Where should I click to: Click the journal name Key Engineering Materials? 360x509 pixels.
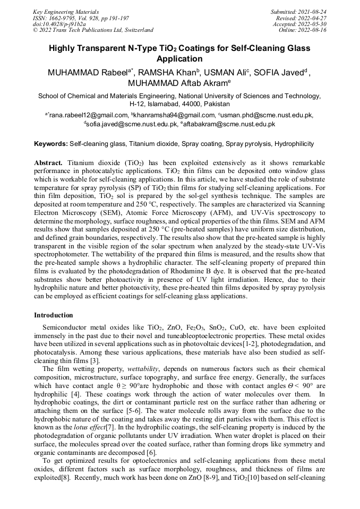65,11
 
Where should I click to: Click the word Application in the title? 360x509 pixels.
180,59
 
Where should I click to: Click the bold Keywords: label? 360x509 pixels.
51,144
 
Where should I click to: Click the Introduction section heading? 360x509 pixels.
54,315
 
